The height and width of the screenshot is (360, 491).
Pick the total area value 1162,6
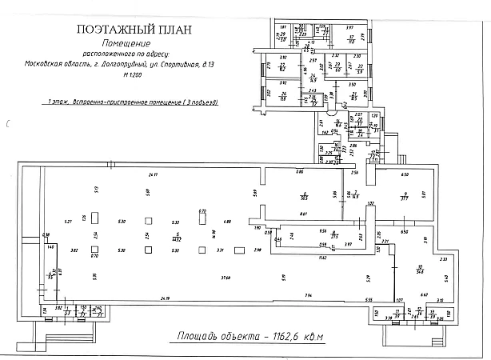(284, 336)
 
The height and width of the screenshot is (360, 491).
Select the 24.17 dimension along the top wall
(153, 174)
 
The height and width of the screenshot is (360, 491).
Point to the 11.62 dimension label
(321, 258)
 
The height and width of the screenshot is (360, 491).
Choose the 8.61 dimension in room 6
(304, 214)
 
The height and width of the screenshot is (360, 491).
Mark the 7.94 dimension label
(308, 295)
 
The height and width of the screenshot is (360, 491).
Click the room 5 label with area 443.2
(176, 238)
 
